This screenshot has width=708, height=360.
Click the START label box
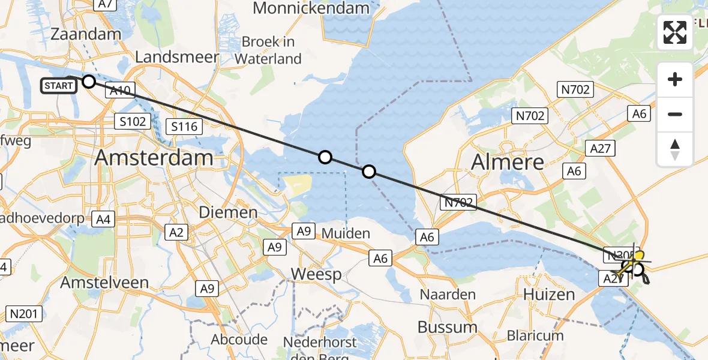(x=59, y=86)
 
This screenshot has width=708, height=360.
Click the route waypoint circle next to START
(x=89, y=82)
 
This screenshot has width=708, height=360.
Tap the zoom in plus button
(x=675, y=79)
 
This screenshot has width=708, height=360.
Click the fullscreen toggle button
(x=675, y=32)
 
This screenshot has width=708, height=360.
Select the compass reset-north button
(x=675, y=149)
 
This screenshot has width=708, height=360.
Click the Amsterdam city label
(x=154, y=158)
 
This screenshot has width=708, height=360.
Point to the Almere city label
(x=508, y=161)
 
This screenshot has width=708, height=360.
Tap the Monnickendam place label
(x=311, y=8)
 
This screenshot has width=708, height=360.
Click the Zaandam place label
(x=86, y=34)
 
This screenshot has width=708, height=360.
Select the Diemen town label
(x=229, y=212)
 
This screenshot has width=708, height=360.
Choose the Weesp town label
(x=316, y=274)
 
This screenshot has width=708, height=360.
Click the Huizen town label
(x=548, y=295)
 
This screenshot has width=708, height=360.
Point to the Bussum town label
(x=447, y=327)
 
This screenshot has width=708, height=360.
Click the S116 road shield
(x=184, y=127)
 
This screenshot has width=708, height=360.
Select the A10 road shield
(x=121, y=91)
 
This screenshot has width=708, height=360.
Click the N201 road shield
(x=24, y=313)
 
